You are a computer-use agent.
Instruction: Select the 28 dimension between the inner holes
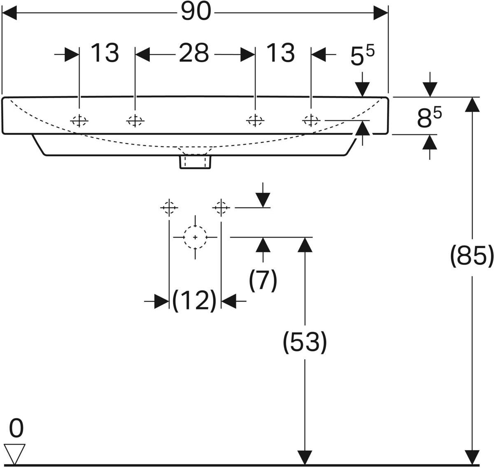click(194, 54)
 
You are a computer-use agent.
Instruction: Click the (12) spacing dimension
click(194, 301)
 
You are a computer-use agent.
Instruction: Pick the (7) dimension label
click(263, 281)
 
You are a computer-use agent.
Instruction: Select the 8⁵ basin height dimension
click(429, 118)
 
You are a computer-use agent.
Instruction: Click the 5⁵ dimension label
click(362, 56)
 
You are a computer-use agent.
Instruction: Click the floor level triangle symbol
click(15, 453)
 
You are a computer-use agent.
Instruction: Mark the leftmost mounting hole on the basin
click(79, 121)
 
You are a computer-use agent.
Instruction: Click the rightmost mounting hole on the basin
click(311, 120)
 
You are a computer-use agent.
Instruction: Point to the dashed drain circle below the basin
click(195, 238)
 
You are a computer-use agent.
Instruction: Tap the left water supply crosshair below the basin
click(169, 208)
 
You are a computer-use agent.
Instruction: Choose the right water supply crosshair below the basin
click(221, 208)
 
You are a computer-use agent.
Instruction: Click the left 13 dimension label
click(105, 54)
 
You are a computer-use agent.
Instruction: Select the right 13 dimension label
click(280, 54)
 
